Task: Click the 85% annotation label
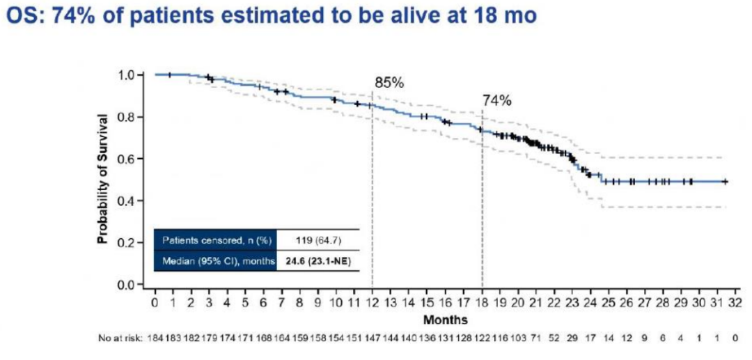pyautogui.click(x=389, y=82)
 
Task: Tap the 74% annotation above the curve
pyautogui.click(x=497, y=100)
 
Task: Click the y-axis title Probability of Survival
pyautogui.click(x=102, y=179)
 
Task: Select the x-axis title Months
pyautogui.click(x=446, y=320)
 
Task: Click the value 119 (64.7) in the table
pyautogui.click(x=318, y=240)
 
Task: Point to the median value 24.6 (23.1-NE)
pyautogui.click(x=318, y=260)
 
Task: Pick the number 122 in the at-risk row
pyautogui.click(x=482, y=339)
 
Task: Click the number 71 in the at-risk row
pyautogui.click(x=536, y=339)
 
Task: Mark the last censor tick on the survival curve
pyautogui.click(x=725, y=181)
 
